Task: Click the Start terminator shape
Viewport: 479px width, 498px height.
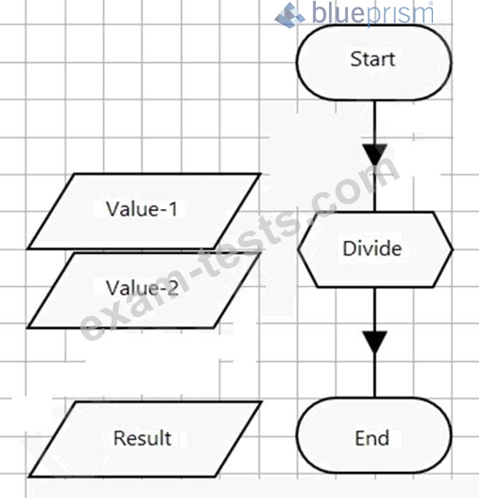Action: click(x=374, y=62)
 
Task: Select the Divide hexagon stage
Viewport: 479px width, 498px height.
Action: click(x=375, y=249)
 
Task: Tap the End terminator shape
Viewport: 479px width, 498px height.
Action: click(x=374, y=436)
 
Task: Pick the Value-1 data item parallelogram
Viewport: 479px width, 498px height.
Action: click(x=144, y=211)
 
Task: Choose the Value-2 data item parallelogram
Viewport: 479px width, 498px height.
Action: click(x=144, y=290)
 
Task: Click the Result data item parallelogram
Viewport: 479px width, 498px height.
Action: click(x=145, y=439)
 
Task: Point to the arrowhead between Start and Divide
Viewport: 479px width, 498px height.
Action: click(x=375, y=155)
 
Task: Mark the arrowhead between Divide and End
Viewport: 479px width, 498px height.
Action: click(x=375, y=342)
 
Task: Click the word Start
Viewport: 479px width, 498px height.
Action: click(x=373, y=59)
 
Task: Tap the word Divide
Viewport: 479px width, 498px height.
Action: click(x=372, y=248)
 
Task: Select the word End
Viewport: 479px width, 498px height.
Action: click(x=372, y=438)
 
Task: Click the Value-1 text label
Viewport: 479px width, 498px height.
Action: click(x=142, y=209)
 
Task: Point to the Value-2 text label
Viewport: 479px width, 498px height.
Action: click(x=142, y=288)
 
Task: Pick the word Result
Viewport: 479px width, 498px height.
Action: click(x=142, y=438)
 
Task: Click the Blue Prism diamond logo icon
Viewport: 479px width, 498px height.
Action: click(x=290, y=15)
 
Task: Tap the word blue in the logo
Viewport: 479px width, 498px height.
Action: click(x=339, y=13)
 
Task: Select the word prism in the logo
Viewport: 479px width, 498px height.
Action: click(x=400, y=14)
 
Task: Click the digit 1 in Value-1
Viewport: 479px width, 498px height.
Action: click(x=172, y=209)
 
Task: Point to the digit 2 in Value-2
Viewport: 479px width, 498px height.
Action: click(x=172, y=288)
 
